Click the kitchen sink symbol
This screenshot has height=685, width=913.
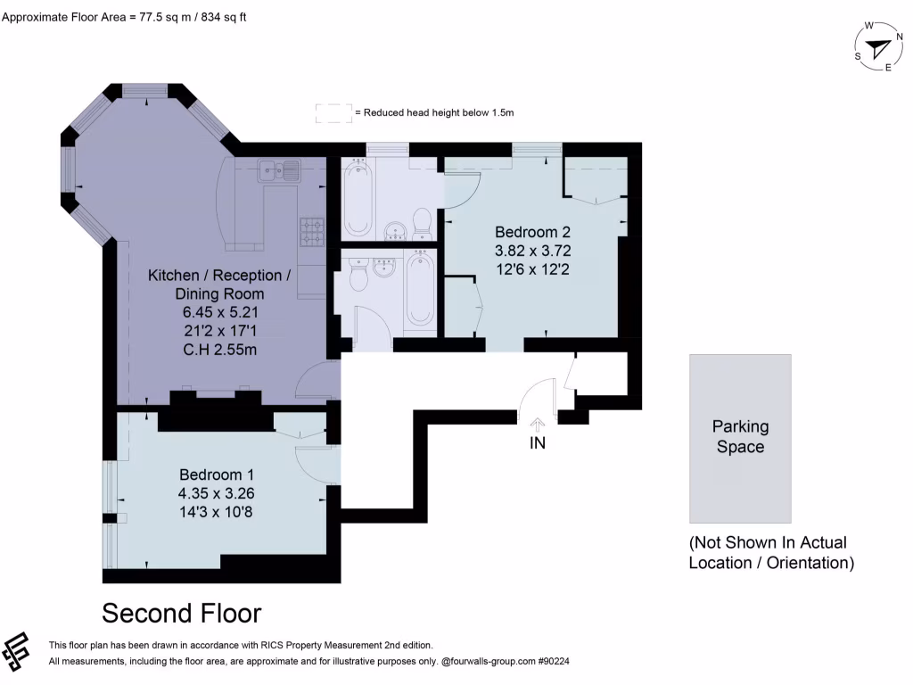click(x=278, y=169)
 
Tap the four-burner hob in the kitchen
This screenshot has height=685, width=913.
click(x=311, y=232)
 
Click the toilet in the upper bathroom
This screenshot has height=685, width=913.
click(x=424, y=220)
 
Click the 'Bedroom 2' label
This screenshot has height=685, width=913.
click(x=532, y=233)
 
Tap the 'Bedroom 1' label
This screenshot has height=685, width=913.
click(x=217, y=474)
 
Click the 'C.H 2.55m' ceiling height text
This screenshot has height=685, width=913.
click(x=219, y=349)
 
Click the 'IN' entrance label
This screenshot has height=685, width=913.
click(x=538, y=442)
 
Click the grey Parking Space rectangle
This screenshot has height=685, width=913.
click(x=740, y=438)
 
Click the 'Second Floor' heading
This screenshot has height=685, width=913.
click(x=181, y=614)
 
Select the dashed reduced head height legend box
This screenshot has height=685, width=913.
click(x=333, y=112)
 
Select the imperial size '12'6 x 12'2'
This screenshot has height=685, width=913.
click(x=532, y=268)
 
